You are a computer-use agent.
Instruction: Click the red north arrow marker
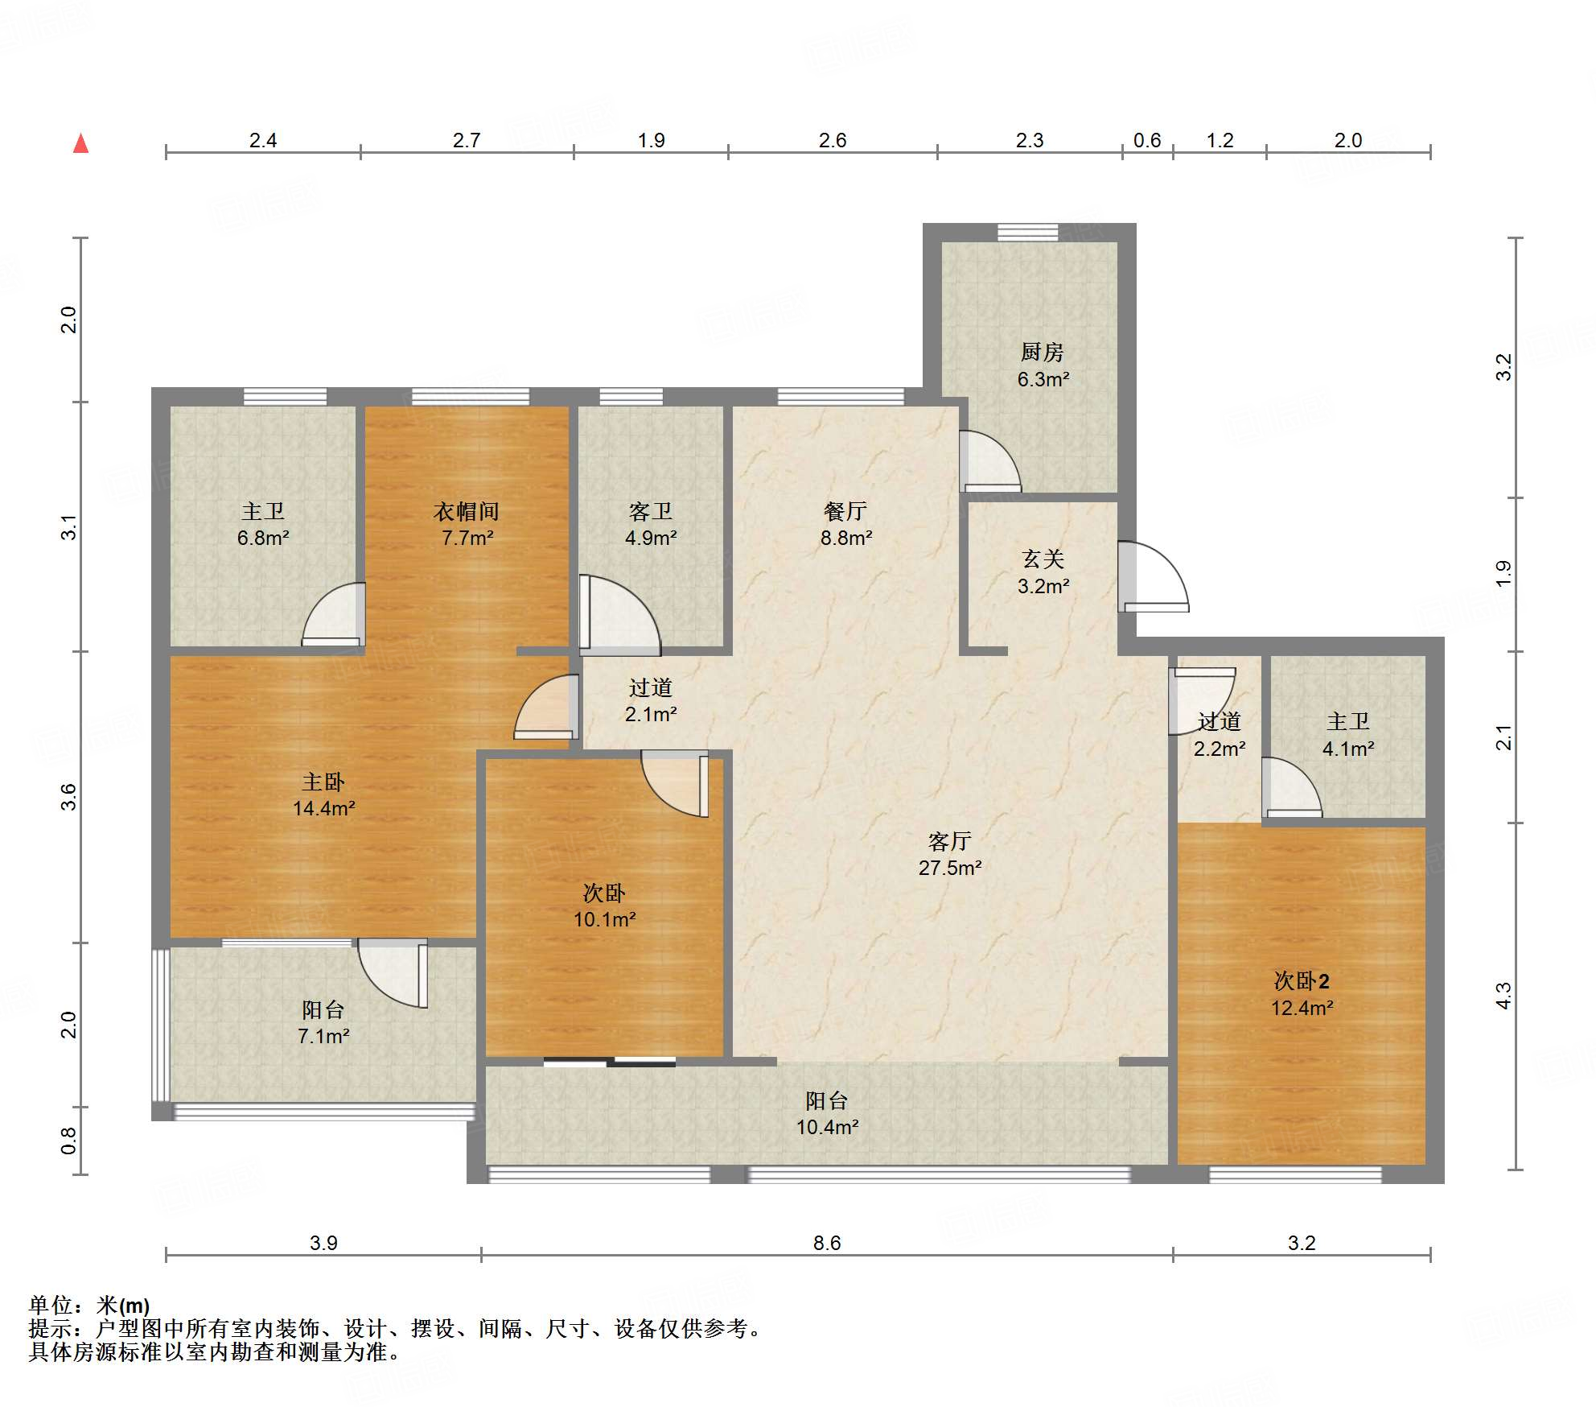click(80, 143)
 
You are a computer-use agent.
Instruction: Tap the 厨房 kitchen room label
click(1042, 352)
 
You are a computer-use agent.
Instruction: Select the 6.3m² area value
click(1043, 379)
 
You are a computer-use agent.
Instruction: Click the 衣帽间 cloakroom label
click(467, 511)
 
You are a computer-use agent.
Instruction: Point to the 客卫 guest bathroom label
click(651, 511)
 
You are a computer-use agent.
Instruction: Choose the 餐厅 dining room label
click(845, 511)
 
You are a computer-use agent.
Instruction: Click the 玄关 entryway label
click(1043, 559)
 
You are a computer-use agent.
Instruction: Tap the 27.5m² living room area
click(950, 868)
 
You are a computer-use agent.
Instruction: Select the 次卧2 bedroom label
click(1302, 980)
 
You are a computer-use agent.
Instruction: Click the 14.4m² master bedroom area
click(324, 808)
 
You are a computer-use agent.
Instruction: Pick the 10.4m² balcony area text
click(827, 1127)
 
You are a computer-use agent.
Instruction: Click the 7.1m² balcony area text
click(323, 1036)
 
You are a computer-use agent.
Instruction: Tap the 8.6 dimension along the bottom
click(827, 1243)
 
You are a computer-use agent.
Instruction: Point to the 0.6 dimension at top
click(1147, 141)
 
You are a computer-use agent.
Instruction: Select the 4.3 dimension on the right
click(1503, 996)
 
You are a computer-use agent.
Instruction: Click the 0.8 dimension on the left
click(68, 1141)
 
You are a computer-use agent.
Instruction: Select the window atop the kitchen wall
click(1028, 232)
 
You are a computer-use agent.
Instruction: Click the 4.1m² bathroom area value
click(1348, 749)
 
